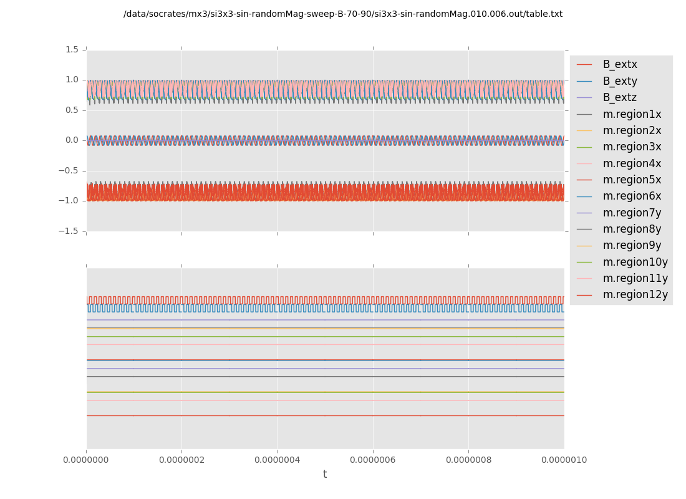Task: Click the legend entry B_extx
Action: coord(620,65)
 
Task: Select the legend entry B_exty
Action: coord(620,81)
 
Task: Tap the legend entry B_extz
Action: coord(620,98)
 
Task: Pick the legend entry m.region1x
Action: coord(632,114)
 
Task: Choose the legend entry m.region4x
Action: coord(632,163)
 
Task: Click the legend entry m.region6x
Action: coord(632,196)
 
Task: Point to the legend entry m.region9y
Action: coord(632,246)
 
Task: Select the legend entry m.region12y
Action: coord(635,295)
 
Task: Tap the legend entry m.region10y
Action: coord(635,262)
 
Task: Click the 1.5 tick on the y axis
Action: coord(72,50)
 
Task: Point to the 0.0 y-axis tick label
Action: coord(72,140)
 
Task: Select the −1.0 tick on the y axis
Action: coord(69,201)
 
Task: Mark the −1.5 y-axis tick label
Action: coord(69,231)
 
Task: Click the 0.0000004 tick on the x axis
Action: coord(277,460)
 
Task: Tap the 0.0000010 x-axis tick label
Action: coord(564,460)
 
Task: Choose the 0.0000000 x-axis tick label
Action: coord(87,460)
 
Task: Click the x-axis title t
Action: coord(325,475)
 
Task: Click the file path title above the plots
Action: coord(343,14)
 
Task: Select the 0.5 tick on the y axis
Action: coord(72,110)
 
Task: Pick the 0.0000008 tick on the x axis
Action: coord(468,460)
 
